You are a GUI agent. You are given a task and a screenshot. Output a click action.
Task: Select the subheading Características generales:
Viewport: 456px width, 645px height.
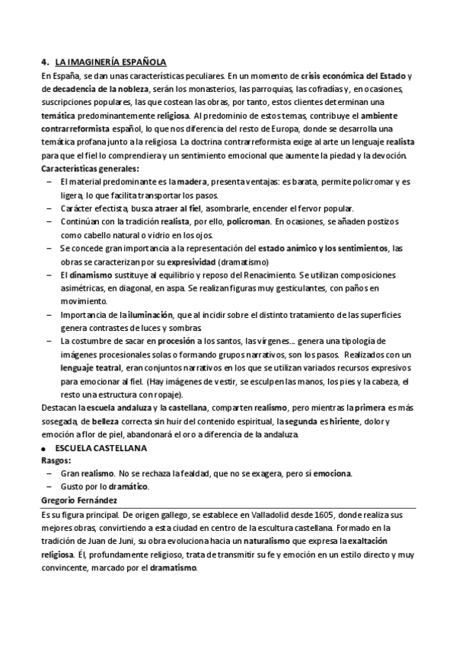[90, 168]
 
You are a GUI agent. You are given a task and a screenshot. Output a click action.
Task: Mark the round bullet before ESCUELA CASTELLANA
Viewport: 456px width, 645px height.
[46, 450]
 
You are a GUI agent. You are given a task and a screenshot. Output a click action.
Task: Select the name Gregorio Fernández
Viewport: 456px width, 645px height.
[82, 500]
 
